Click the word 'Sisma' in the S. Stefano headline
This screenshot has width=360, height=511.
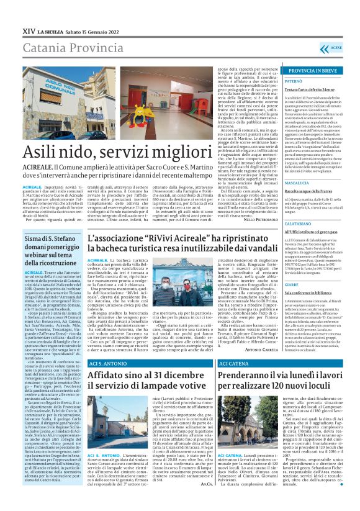coord(35,237)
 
